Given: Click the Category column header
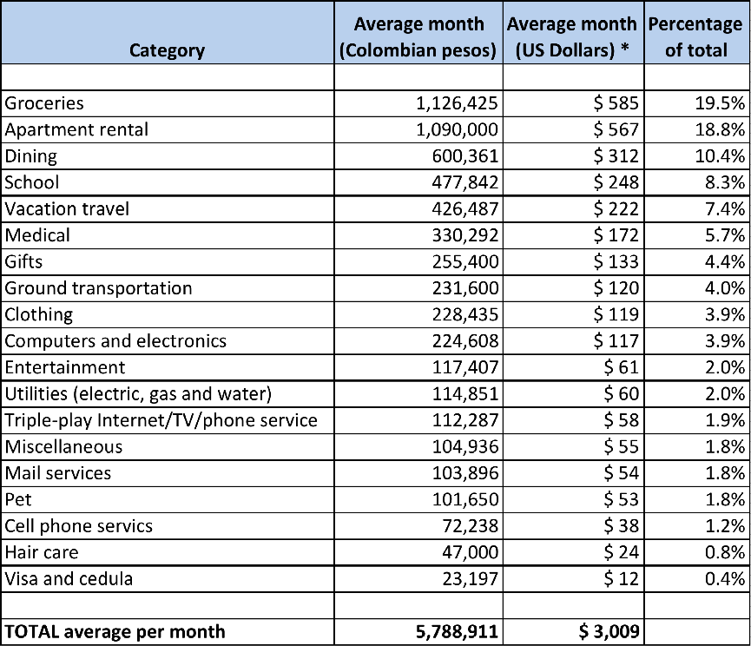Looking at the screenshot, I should [167, 50].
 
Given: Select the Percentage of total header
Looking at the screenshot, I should [695, 37].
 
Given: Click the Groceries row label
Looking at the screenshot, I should [45, 103].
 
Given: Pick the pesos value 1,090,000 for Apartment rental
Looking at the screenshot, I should [457, 129].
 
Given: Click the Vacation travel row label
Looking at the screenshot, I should [67, 208].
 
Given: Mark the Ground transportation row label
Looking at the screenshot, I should [98, 288].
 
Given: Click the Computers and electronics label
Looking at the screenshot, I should [115, 341].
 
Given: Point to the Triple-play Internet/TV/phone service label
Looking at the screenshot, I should [161, 420].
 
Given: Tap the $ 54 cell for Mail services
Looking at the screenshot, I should [622, 473].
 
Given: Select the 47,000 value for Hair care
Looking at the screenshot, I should [470, 552].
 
